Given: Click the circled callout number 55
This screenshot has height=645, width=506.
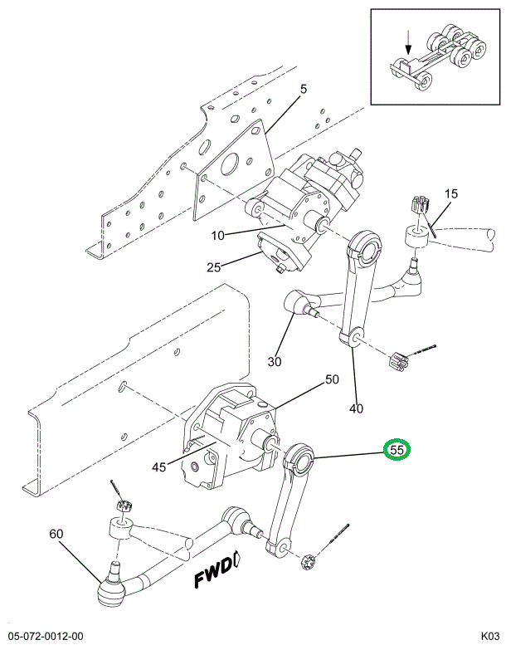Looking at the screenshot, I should [397, 450].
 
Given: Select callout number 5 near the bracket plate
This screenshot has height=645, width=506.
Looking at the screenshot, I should [303, 90].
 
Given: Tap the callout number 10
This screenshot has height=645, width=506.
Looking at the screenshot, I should [217, 235].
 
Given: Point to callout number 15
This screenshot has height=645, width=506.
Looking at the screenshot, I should [450, 194].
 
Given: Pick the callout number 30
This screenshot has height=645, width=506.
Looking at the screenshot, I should [275, 362].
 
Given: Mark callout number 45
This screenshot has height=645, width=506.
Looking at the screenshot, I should [159, 467].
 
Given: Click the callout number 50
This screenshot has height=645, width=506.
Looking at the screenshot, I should [332, 379].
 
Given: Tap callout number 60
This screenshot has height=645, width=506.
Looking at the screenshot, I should [56, 534].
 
